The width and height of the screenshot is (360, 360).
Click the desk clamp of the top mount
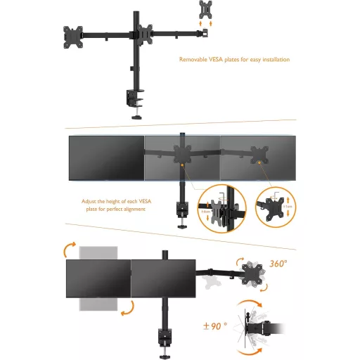[134, 97]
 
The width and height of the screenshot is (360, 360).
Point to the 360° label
[278, 264]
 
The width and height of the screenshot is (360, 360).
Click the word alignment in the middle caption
[134, 210]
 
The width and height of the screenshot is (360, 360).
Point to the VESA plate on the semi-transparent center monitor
[181, 156]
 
